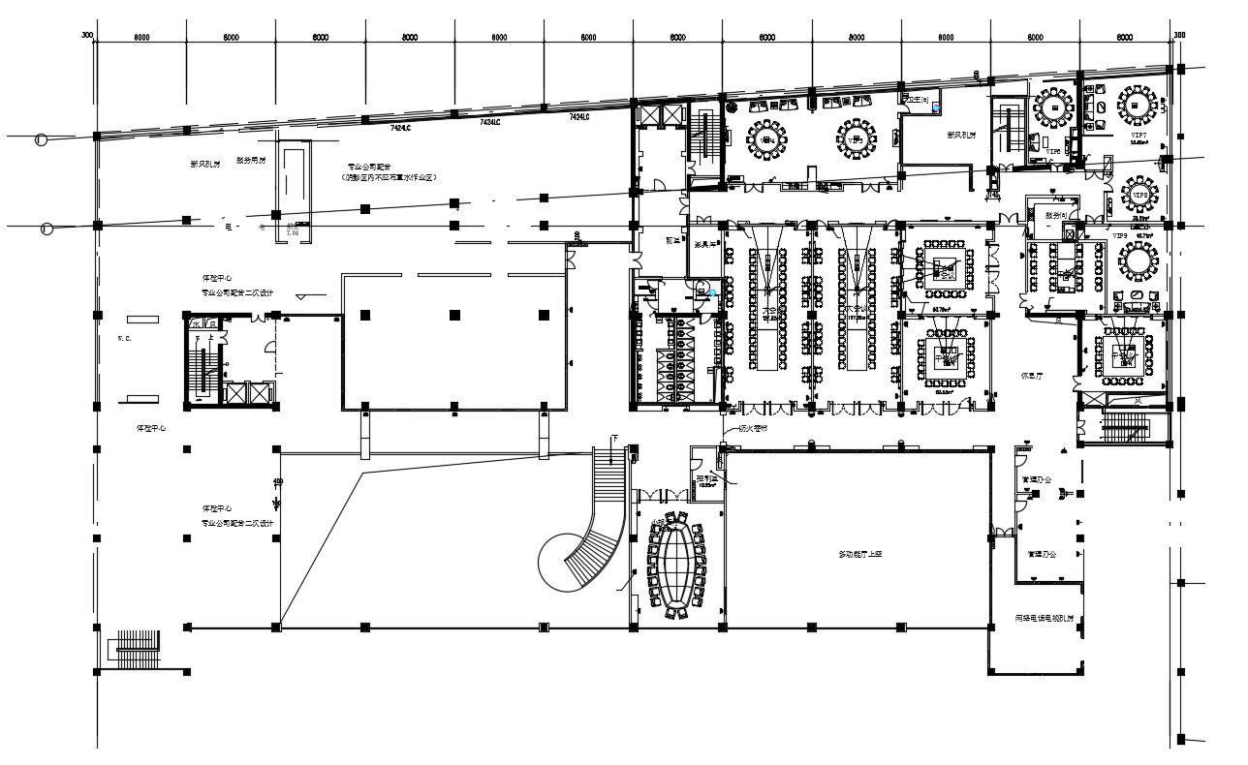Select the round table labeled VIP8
(x=1140, y=193)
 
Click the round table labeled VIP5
(x=857, y=138)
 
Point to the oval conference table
(x=674, y=565)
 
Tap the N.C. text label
(x=125, y=338)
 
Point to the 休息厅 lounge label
(x=1033, y=373)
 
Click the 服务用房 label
(x=250, y=162)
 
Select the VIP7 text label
(x=1139, y=135)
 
